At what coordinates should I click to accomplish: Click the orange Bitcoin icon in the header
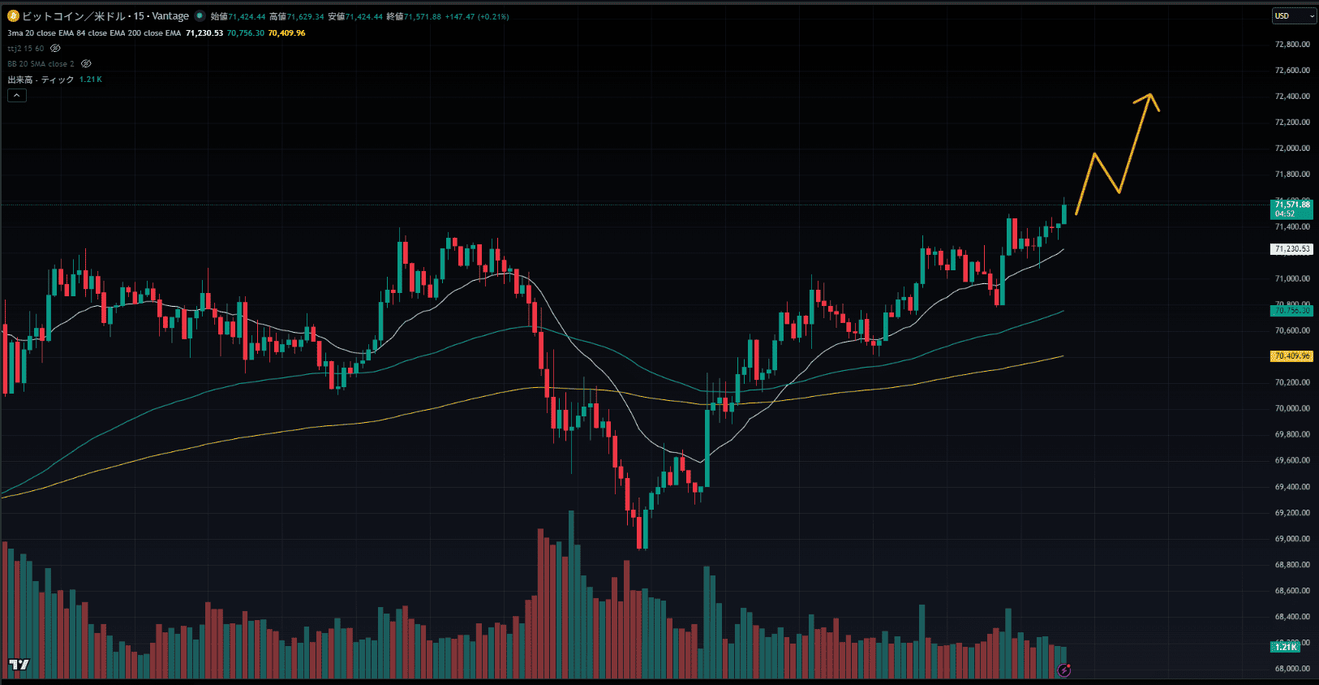[13, 16]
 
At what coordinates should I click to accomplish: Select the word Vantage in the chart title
[170, 16]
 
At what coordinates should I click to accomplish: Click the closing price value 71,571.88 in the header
[423, 17]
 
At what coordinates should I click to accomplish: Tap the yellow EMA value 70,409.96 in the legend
[286, 33]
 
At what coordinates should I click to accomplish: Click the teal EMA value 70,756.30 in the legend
[245, 33]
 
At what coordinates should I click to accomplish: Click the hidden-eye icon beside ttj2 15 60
[55, 49]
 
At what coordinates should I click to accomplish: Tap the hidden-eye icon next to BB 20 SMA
[86, 64]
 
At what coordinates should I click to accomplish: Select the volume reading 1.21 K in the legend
[90, 80]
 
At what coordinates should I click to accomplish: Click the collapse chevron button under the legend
[17, 96]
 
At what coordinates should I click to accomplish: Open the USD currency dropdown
[1293, 16]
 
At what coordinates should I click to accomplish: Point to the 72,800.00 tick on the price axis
[1292, 45]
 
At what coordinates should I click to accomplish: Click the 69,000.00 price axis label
[1292, 539]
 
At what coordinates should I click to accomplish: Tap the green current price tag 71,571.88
[1291, 209]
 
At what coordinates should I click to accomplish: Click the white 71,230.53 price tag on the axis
[1291, 249]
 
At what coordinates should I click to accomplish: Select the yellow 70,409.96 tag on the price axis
[1291, 356]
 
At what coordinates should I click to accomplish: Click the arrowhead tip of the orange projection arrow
[1150, 94]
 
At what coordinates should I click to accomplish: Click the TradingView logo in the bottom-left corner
[19, 665]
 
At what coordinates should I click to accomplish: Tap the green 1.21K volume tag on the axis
[1286, 647]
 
